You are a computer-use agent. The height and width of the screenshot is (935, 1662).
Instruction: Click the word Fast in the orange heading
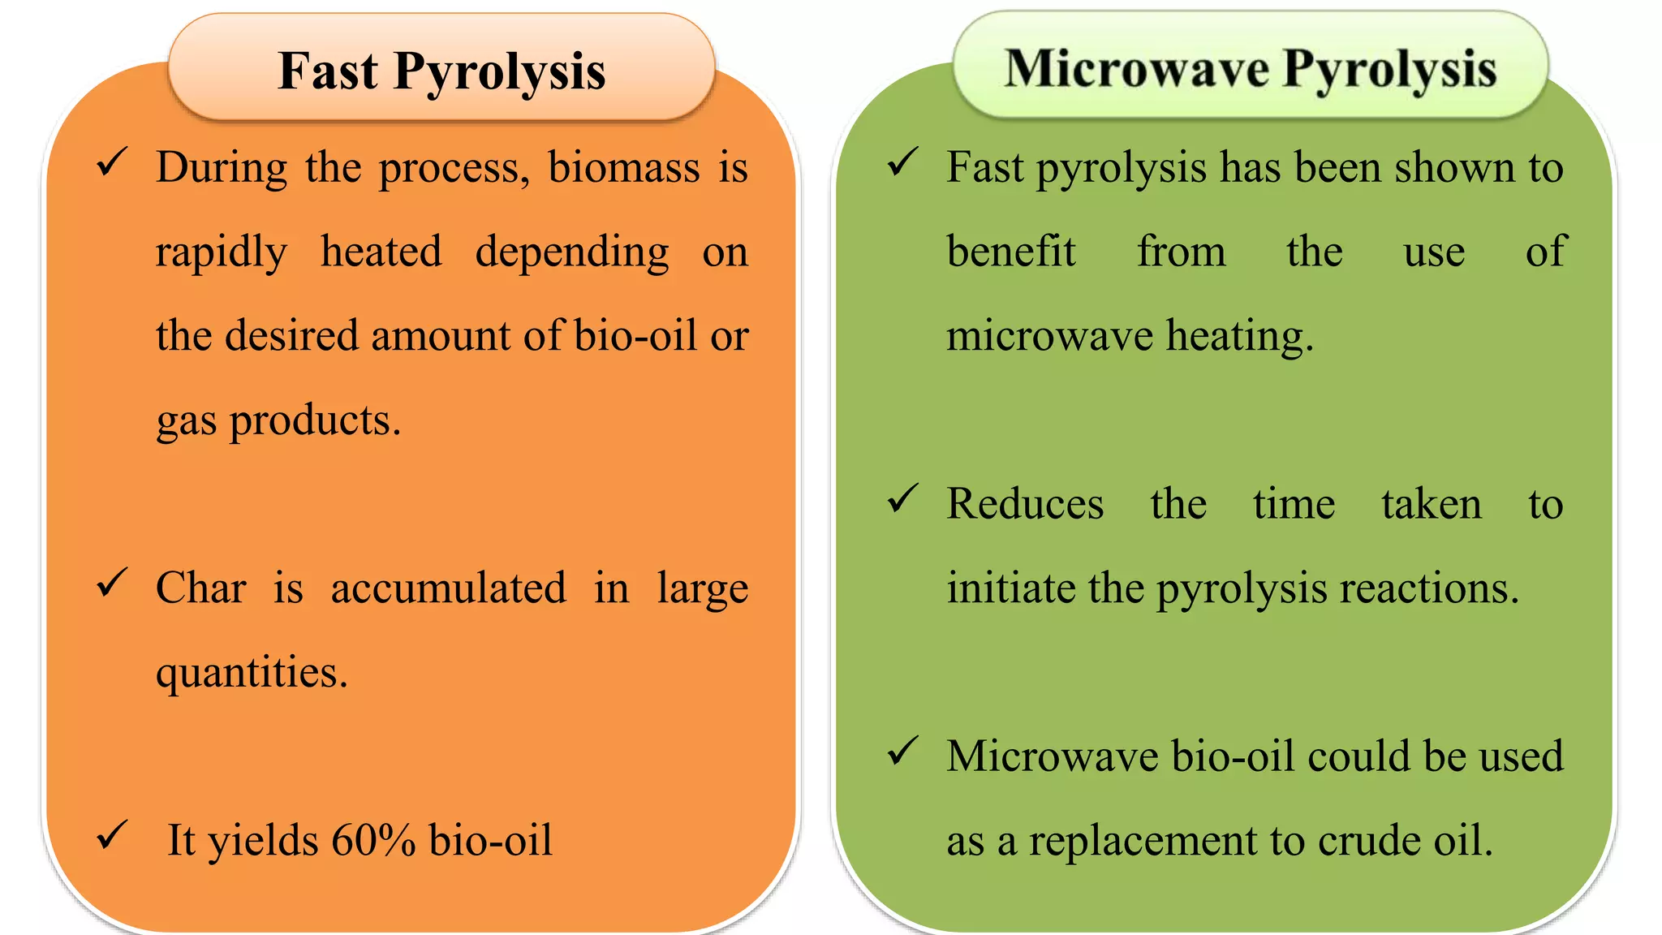[328, 71]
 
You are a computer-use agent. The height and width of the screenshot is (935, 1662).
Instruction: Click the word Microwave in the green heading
[1136, 69]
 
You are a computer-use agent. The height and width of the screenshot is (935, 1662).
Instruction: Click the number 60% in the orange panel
[373, 840]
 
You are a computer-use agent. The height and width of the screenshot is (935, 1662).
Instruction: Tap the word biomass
[623, 168]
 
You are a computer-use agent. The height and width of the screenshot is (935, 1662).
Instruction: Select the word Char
[200, 588]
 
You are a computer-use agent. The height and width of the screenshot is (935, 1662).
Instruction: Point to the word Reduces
[1025, 504]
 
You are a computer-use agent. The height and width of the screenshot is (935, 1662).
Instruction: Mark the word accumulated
[448, 588]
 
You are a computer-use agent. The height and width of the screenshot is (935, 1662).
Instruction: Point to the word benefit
[1010, 252]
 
